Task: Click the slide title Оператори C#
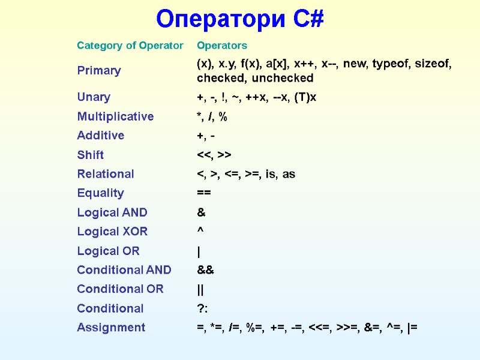click(x=240, y=19)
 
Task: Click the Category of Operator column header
click(x=130, y=46)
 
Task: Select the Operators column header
click(x=222, y=46)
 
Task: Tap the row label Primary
click(x=99, y=71)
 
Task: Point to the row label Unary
click(x=94, y=97)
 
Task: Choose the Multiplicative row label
click(x=115, y=116)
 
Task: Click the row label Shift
click(x=90, y=155)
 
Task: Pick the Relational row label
click(x=106, y=174)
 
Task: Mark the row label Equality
click(x=100, y=193)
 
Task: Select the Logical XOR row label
click(x=112, y=232)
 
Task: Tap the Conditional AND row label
click(x=124, y=270)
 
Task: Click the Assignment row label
click(x=111, y=328)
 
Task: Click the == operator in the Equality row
click(x=204, y=193)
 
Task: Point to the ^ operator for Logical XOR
click(x=200, y=231)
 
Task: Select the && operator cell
click(x=205, y=270)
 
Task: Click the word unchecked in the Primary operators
click(x=283, y=79)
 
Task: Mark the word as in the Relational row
click(x=288, y=174)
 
